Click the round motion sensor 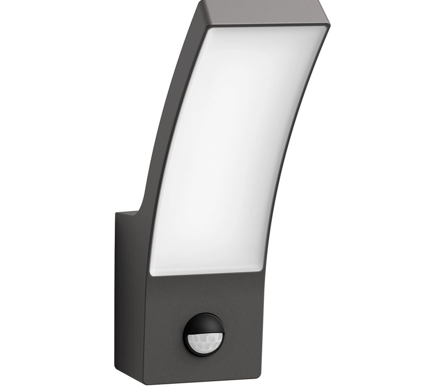coord(204,333)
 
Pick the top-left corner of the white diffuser coord(210,29)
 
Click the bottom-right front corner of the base coord(260,375)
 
